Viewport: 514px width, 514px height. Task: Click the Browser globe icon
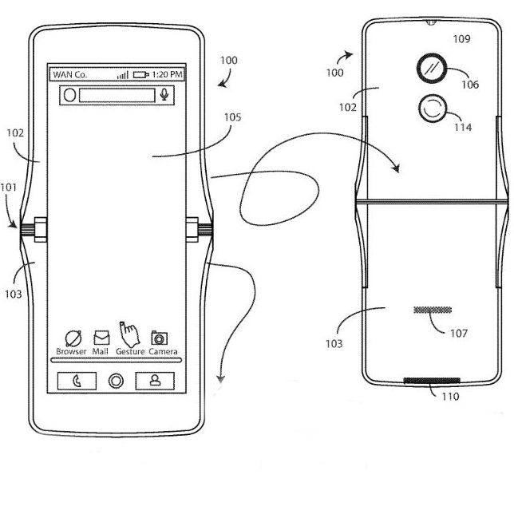click(x=72, y=338)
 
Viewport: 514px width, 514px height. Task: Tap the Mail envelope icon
click(x=101, y=337)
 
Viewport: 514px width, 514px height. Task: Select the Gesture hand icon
click(x=128, y=333)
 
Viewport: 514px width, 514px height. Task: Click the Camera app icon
click(x=160, y=338)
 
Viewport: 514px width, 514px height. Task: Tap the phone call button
click(x=76, y=381)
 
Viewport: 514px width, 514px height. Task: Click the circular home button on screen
click(x=117, y=381)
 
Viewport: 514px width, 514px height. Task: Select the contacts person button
click(x=156, y=381)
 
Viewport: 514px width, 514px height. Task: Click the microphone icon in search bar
click(x=165, y=95)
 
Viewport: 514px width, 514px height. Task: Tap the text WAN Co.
click(x=70, y=74)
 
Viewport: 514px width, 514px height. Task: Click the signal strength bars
click(x=123, y=74)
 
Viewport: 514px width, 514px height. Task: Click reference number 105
click(x=232, y=117)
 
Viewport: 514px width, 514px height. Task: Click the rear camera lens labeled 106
click(x=434, y=69)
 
